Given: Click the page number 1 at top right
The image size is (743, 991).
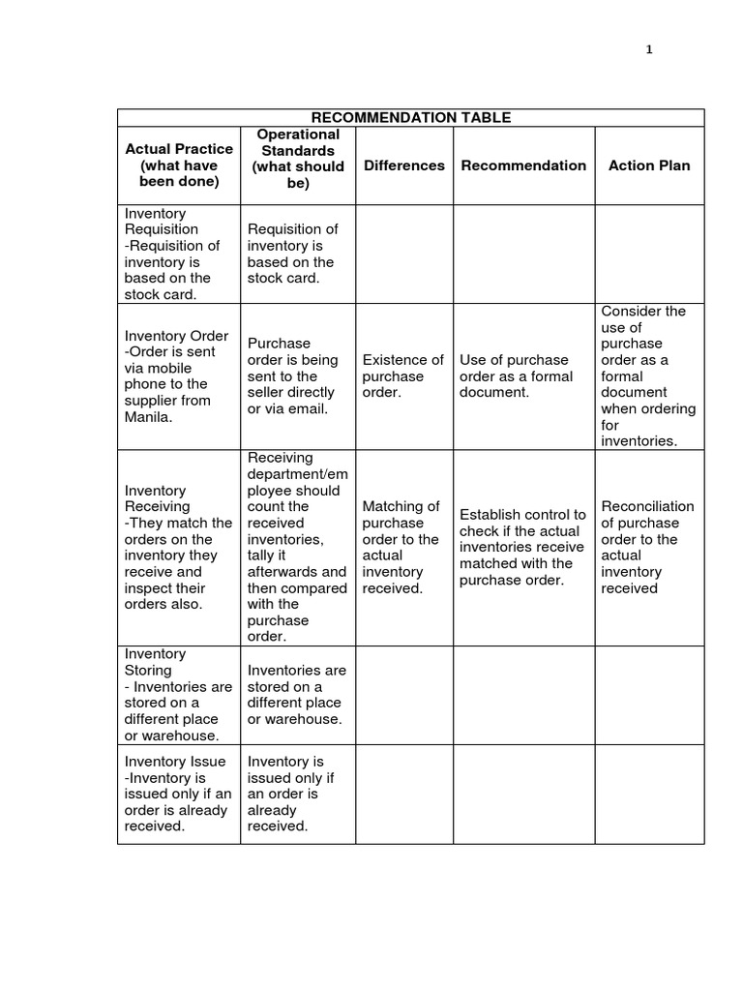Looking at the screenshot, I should coord(650,50).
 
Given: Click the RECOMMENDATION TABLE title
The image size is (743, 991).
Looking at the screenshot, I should coord(411,118).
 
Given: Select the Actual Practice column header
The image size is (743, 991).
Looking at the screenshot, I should coord(179,165).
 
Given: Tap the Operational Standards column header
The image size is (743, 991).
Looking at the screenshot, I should coord(298,158).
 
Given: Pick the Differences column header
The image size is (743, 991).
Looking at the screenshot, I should coord(404,165).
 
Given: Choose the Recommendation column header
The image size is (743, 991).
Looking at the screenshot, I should coord(523,165).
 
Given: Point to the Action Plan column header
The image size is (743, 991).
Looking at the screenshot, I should coord(649,165).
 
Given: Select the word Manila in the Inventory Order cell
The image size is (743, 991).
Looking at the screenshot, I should coord(147,417).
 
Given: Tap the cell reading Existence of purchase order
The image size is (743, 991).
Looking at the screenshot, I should coord(403,376).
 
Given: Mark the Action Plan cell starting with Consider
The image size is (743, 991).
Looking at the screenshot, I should coord(649,376).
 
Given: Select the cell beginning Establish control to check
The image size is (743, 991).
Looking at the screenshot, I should coord(523,547).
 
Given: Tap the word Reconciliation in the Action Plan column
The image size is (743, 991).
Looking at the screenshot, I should coord(647,506).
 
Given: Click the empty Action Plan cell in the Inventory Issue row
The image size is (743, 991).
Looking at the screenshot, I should coord(649,795).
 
